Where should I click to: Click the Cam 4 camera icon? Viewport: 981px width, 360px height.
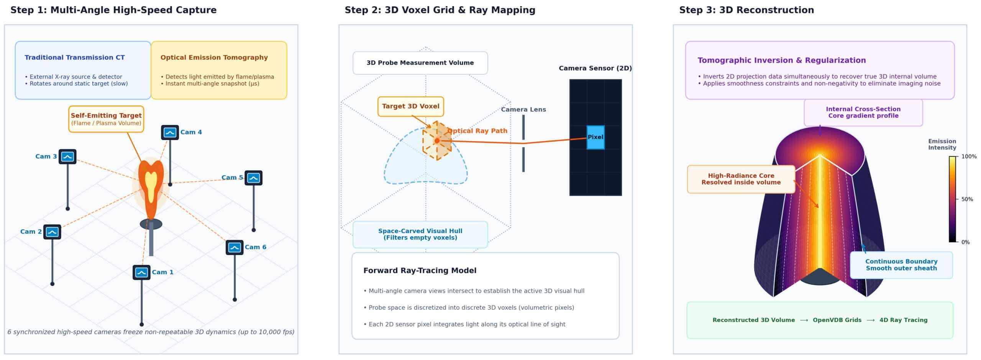click(170, 133)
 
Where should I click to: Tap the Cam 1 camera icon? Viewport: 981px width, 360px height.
click(141, 273)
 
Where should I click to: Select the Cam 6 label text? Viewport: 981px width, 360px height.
click(256, 247)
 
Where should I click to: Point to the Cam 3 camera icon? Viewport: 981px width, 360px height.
click(67, 157)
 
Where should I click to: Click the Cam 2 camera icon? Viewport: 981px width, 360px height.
click(52, 232)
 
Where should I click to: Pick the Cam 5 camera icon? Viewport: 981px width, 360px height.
click(253, 178)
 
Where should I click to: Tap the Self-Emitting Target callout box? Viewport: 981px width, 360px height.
click(106, 119)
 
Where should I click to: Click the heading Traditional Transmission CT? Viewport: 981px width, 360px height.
click(75, 58)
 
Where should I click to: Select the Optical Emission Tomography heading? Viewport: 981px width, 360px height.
click(214, 58)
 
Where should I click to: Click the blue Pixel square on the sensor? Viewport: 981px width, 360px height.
click(595, 137)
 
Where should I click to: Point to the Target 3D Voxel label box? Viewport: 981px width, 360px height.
click(411, 107)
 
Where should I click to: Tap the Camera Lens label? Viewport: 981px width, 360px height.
click(523, 110)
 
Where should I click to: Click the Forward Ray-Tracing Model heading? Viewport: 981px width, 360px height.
click(420, 271)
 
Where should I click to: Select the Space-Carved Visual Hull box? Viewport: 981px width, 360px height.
click(420, 235)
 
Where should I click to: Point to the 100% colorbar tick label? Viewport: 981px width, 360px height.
click(969, 157)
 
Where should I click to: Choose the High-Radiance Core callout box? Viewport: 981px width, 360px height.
click(741, 179)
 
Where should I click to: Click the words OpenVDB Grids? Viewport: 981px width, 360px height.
click(837, 320)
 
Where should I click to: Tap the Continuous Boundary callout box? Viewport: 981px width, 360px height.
click(901, 265)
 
